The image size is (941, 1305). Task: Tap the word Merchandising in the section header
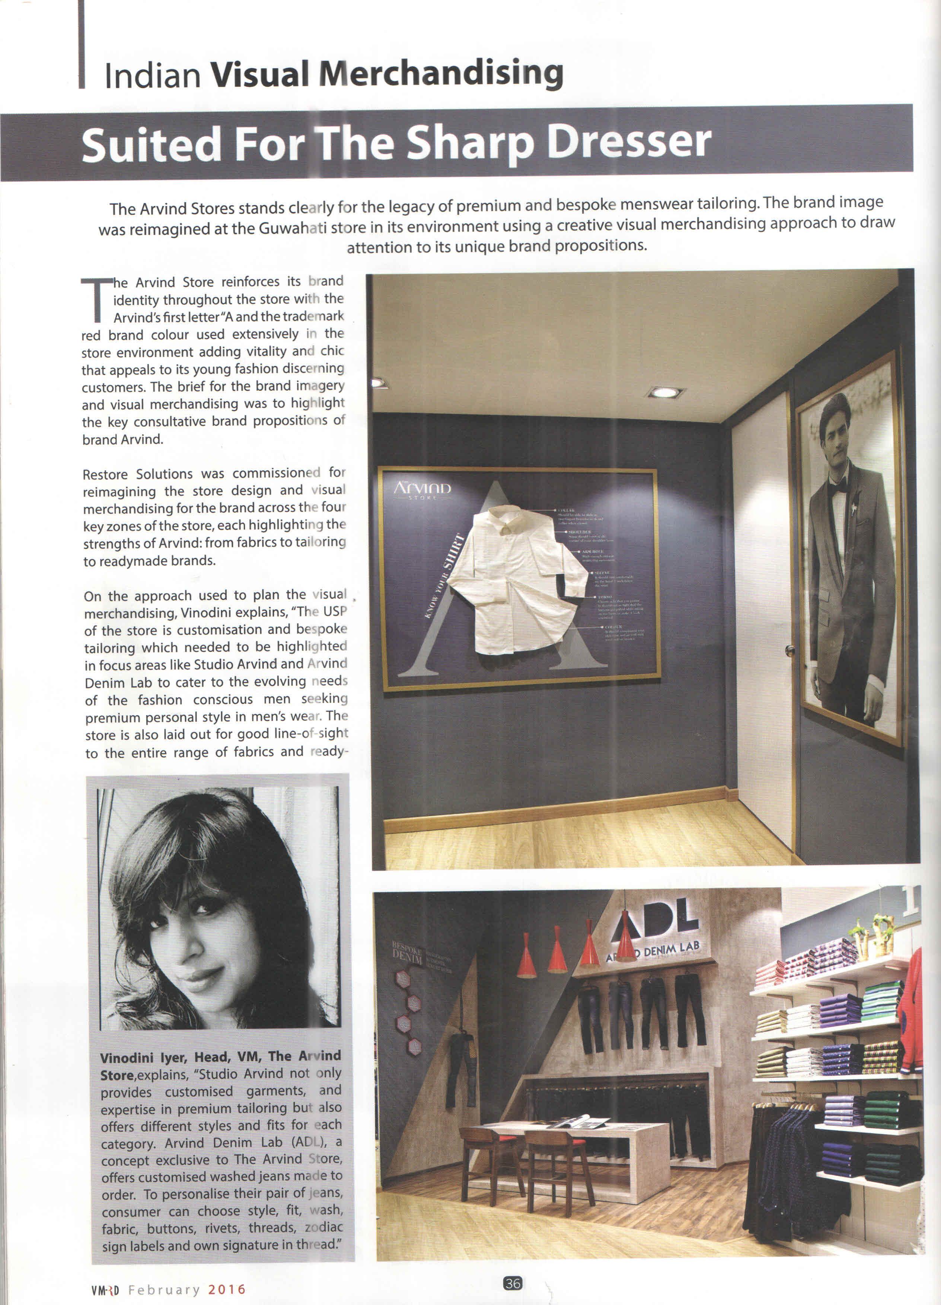(x=441, y=74)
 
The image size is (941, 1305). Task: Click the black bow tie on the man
(x=838, y=487)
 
